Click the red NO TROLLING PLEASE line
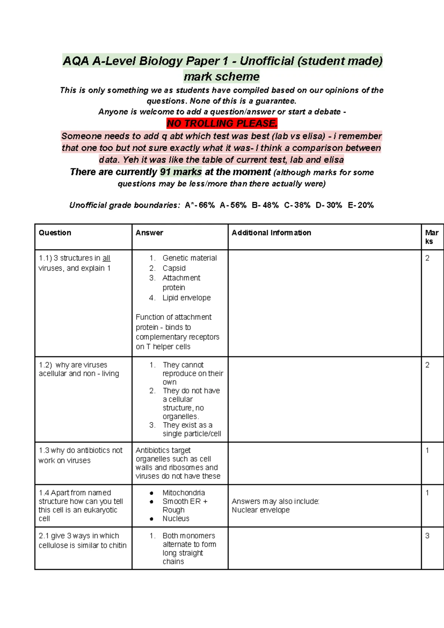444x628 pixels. pyautogui.click(x=222, y=123)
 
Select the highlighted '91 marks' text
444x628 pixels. pyautogui.click(x=181, y=172)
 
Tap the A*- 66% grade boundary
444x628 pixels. pyautogui.click(x=200, y=205)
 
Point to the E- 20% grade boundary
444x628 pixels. pyautogui.click(x=361, y=205)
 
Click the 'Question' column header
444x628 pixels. pyautogui.click(x=55, y=233)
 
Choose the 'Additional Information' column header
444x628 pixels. pyautogui.click(x=271, y=233)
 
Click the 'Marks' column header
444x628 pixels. pyautogui.click(x=431, y=237)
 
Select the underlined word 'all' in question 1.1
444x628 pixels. pyautogui.click(x=106, y=258)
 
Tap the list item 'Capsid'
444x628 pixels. pyautogui.click(x=174, y=268)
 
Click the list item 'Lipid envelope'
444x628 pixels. pyautogui.click(x=186, y=298)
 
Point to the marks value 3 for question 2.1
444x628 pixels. pyautogui.click(x=427, y=536)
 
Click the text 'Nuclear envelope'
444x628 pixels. pyautogui.click(x=261, y=510)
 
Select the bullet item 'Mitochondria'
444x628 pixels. pyautogui.click(x=184, y=493)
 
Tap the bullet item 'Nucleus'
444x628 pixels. pyautogui.click(x=176, y=519)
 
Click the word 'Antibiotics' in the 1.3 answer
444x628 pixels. pyautogui.click(x=152, y=450)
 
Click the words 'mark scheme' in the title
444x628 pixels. pyautogui.click(x=222, y=77)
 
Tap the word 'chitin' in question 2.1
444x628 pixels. pyautogui.click(x=118, y=545)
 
